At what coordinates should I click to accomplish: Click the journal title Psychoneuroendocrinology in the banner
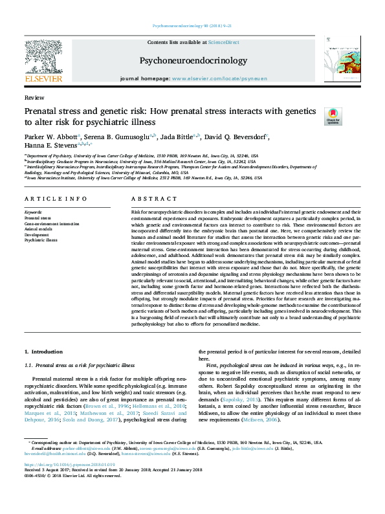(193, 61)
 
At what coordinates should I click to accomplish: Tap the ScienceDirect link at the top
(224, 42)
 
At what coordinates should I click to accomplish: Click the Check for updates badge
(332, 117)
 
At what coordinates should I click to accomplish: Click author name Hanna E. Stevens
(52, 146)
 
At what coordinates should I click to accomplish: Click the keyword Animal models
(38, 228)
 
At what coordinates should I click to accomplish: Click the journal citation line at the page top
(192, 26)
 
